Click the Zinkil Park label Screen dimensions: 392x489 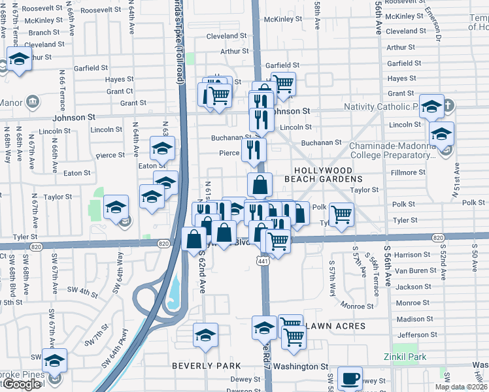pyautogui.click(x=406, y=357)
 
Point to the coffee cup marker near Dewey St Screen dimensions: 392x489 pyautogui.click(x=349, y=378)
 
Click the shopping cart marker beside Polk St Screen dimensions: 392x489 pyautogui.click(x=341, y=213)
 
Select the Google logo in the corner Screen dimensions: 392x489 pyautogui.click(x=22, y=384)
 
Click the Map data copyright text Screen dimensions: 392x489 pyautogui.click(x=461, y=387)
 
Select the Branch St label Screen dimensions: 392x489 pyautogui.click(x=44, y=32)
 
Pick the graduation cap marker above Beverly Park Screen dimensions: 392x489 pyautogui.click(x=205, y=334)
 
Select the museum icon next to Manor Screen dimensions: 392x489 pyautogui.click(x=33, y=101)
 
